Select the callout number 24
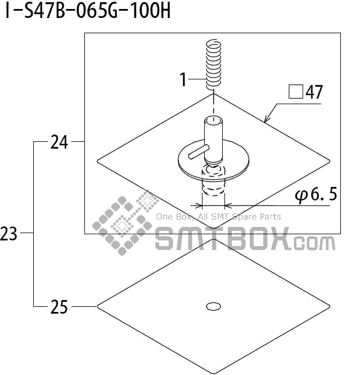coord(59,142)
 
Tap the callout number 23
coord(9,234)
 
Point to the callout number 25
coord(59,307)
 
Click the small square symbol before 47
coord(296,91)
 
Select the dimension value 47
coord(314,92)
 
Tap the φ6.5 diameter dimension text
coord(316,195)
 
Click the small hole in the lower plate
coord(213,306)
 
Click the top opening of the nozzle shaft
coord(214,120)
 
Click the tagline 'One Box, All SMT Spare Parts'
coord(218,217)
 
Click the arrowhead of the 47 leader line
coord(266,120)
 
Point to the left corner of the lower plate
coord(99,306)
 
